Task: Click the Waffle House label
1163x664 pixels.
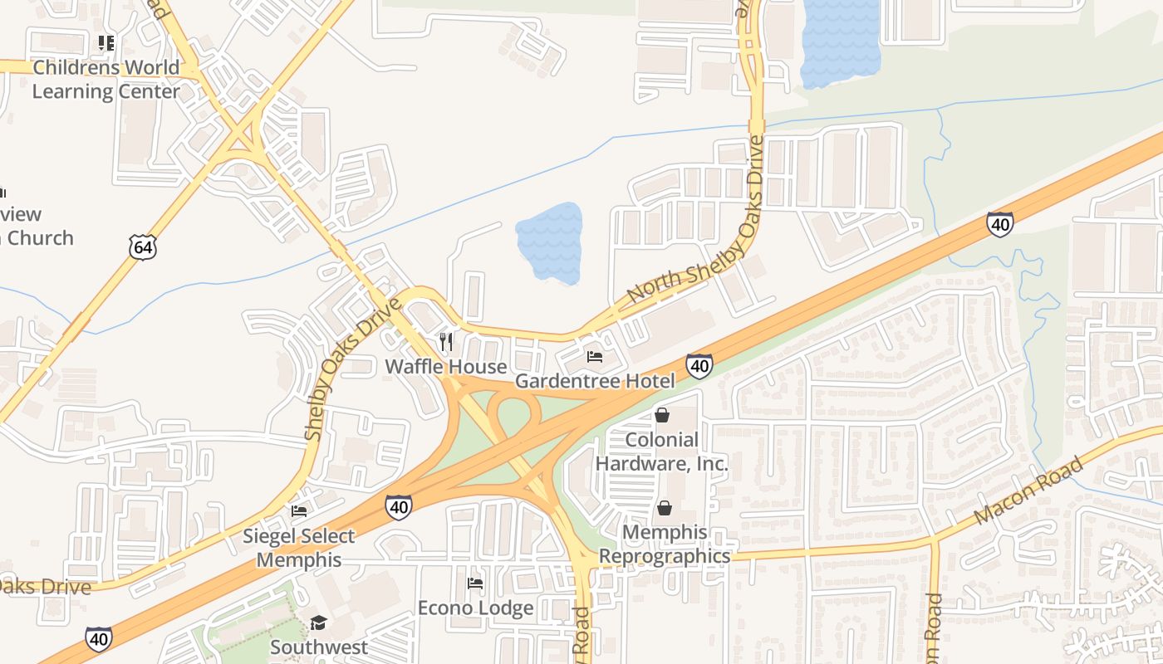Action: [446, 367]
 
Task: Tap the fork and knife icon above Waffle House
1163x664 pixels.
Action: [446, 342]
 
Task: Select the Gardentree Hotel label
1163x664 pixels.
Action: [595, 381]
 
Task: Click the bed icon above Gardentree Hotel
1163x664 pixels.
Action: [595, 357]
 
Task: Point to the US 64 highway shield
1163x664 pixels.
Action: [142, 246]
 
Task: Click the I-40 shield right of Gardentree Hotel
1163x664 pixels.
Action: [699, 366]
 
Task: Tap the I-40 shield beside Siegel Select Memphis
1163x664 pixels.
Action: [399, 507]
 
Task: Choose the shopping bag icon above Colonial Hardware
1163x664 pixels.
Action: [662, 415]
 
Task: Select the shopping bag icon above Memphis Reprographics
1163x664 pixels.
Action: [665, 508]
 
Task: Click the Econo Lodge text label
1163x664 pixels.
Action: [475, 608]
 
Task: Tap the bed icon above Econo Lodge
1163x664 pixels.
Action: [475, 583]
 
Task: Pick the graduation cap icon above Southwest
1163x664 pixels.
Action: [318, 622]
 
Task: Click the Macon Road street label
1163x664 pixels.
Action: [1028, 490]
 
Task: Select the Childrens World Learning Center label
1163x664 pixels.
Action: [106, 80]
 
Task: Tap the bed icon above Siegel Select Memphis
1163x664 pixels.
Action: [299, 511]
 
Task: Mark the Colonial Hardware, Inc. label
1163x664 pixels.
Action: [662, 452]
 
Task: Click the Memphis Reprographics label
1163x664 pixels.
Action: [665, 544]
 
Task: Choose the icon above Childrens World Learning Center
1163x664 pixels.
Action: [106, 42]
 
